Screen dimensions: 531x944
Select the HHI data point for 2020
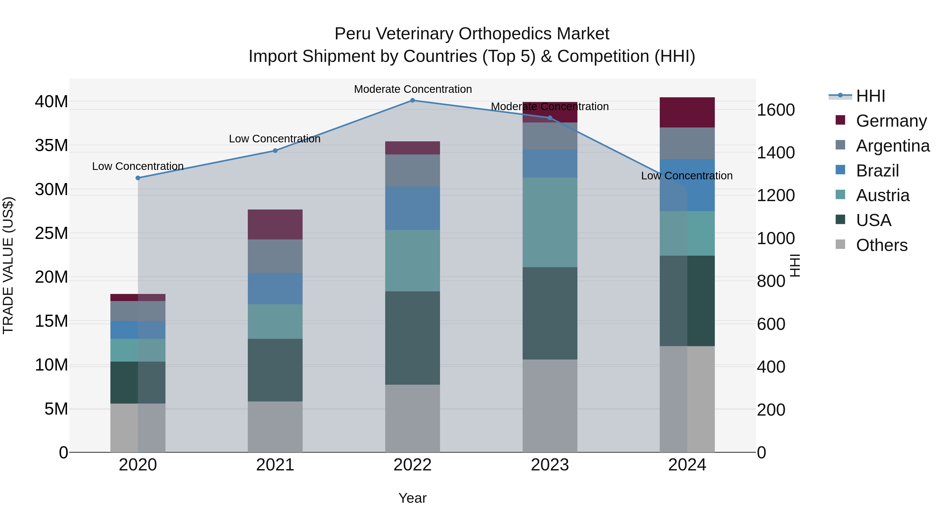pyautogui.click(x=138, y=178)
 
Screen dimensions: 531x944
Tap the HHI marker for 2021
pyautogui.click(x=275, y=151)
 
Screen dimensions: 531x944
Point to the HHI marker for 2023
pyautogui.click(x=550, y=118)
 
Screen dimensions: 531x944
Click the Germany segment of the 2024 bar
pyautogui.click(x=687, y=112)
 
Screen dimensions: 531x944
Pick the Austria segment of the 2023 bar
pyautogui.click(x=550, y=222)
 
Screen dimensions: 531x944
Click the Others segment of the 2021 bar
pyautogui.click(x=275, y=427)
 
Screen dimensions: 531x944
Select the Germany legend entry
pyautogui.click(x=891, y=121)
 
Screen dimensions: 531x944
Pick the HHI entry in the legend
pyautogui.click(x=870, y=96)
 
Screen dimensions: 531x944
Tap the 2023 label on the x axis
pyautogui.click(x=550, y=465)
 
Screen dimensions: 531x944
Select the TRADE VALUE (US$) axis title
pyautogui.click(x=8, y=265)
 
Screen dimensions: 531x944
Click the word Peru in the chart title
pyautogui.click(x=352, y=34)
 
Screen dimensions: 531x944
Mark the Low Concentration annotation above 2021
pyautogui.click(x=275, y=139)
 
